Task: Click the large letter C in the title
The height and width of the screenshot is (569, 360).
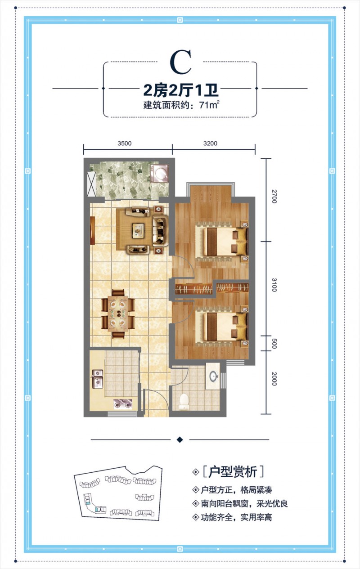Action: coord(180,62)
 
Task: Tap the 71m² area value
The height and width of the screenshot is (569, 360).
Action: coord(209,105)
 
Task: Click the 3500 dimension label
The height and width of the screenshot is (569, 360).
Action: coord(125,143)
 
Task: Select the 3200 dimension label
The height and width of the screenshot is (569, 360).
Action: coord(210,143)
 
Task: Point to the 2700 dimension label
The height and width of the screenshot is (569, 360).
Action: coord(274,197)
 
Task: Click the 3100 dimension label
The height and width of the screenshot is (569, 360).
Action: coord(274,285)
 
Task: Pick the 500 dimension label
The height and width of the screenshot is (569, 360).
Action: coord(274,344)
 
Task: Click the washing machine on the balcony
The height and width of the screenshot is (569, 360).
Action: coord(159,174)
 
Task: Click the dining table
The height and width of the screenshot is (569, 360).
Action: coord(118,314)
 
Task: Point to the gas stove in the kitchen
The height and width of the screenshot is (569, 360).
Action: coord(122,403)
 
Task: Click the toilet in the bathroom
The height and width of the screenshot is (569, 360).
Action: coord(184,402)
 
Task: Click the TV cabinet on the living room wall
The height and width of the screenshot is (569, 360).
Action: coord(93,231)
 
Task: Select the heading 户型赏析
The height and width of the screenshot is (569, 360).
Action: coord(233,472)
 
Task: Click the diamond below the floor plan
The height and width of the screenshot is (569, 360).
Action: coord(180,439)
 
